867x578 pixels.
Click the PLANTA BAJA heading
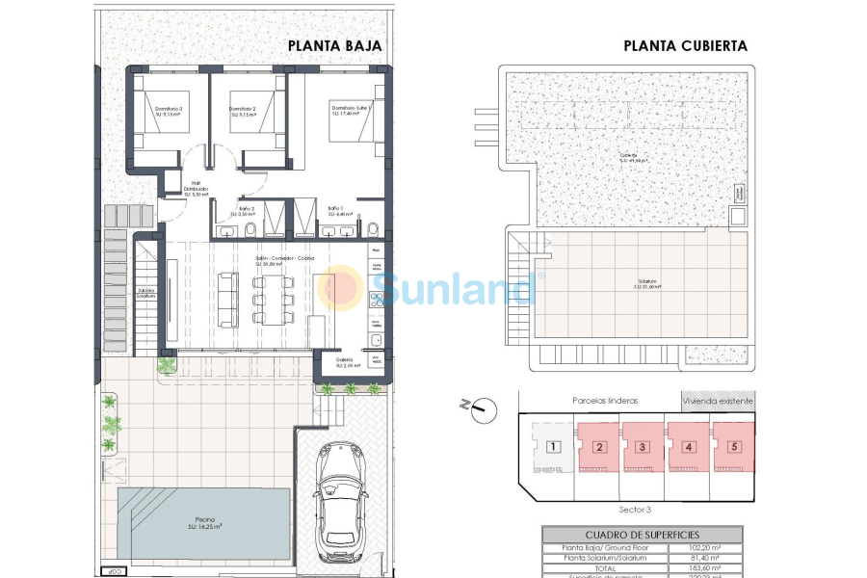pyautogui.click(x=335, y=45)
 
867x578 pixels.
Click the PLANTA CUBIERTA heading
pyautogui.click(x=685, y=45)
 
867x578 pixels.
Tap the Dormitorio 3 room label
pyautogui.click(x=169, y=112)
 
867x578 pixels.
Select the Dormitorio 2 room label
pyautogui.click(x=243, y=112)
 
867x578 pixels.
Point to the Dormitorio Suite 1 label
pyautogui.click(x=351, y=110)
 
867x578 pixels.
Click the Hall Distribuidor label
pyautogui.click(x=196, y=188)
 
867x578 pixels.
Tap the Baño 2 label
pyautogui.click(x=247, y=211)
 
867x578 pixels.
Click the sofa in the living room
pyautogui.click(x=228, y=301)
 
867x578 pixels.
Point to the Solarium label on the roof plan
pyautogui.click(x=646, y=284)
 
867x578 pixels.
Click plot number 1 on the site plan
pyautogui.click(x=553, y=446)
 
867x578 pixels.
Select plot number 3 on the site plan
pyautogui.click(x=644, y=446)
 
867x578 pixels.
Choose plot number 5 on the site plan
pyautogui.click(x=734, y=446)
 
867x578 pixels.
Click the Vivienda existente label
pyautogui.click(x=718, y=400)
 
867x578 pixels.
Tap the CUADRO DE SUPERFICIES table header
pyautogui.click(x=643, y=534)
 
